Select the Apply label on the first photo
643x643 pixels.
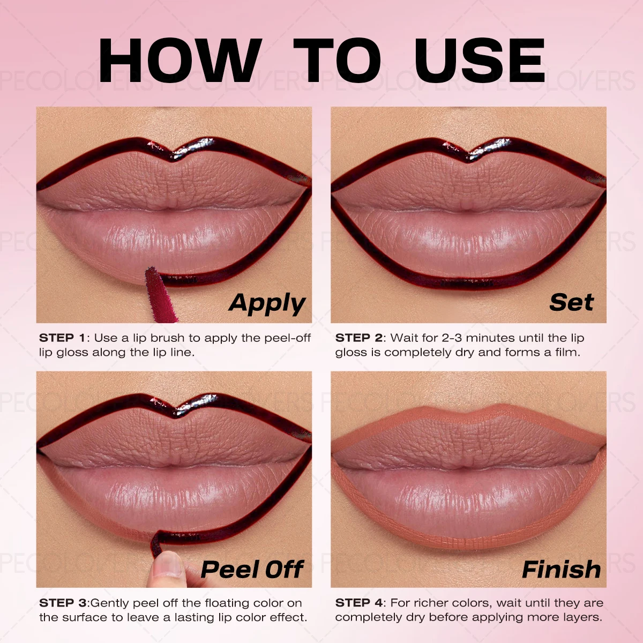click(x=267, y=304)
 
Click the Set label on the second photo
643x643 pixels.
click(x=571, y=303)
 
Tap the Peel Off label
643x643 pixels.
click(x=252, y=570)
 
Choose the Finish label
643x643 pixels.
click(x=561, y=570)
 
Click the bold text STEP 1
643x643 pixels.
click(x=62, y=338)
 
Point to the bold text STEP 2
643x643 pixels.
click(x=358, y=338)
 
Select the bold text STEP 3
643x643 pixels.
click(x=62, y=603)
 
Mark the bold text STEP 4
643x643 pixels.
click(x=358, y=603)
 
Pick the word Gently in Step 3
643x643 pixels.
click(x=110, y=603)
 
